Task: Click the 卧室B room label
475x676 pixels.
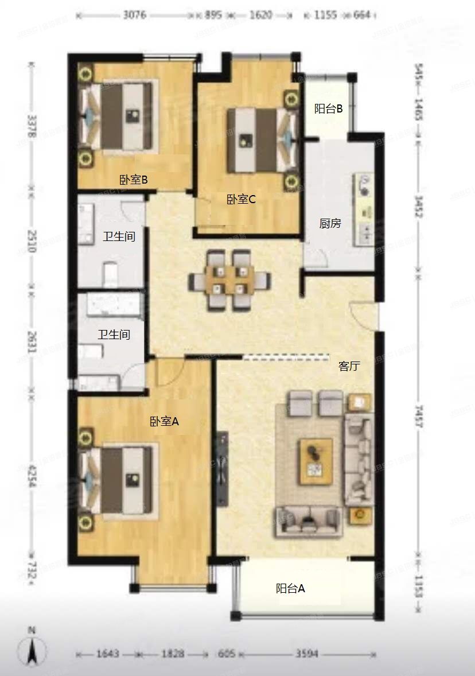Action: coord(134,180)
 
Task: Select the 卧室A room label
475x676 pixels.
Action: coord(165,421)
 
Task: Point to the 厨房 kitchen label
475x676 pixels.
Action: coord(330,223)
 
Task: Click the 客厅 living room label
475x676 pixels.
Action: coord(349,366)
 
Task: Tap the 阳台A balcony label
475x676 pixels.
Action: coord(290,588)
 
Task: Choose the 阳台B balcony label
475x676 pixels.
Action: coord(329,108)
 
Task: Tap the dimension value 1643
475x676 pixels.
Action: coord(107,654)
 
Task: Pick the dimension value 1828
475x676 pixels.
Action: coord(172,654)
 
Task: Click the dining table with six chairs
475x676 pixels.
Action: coord(230,280)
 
